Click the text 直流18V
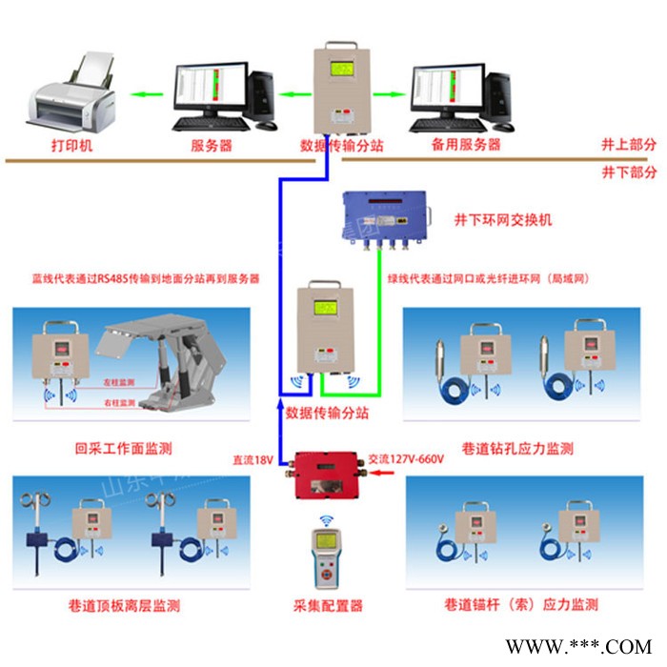click(x=253, y=460)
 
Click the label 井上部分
click(x=629, y=145)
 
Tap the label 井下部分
click(x=629, y=172)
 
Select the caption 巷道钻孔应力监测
click(x=520, y=448)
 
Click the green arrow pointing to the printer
click(x=144, y=94)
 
